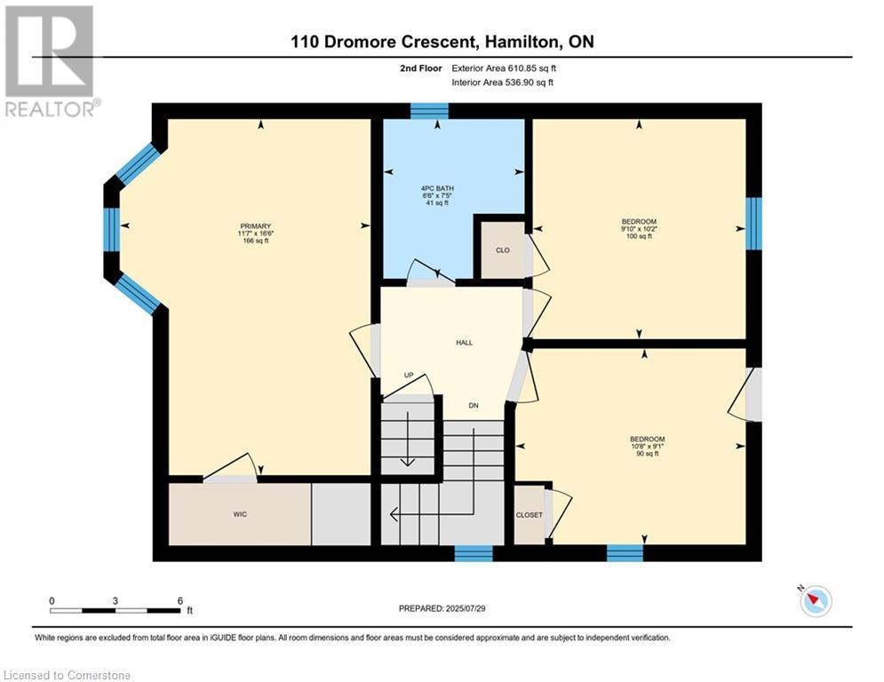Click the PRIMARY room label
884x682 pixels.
coord(255,226)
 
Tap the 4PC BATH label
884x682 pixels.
coord(437,188)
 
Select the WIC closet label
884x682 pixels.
coord(240,514)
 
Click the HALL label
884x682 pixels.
coord(465,342)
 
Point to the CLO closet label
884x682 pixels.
coord(503,250)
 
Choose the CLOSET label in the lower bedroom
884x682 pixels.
coord(530,514)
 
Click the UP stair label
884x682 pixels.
coord(409,375)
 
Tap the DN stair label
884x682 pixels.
coord(474,405)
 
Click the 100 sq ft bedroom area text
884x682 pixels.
coord(639,236)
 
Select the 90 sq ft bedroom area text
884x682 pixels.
coord(647,453)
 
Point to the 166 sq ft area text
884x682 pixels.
coord(255,241)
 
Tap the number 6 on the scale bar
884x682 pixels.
coord(180,601)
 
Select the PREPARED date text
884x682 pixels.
coord(442,608)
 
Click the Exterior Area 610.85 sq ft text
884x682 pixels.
coord(504,68)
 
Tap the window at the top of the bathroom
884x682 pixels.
coord(429,111)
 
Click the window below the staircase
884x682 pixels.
coord(474,553)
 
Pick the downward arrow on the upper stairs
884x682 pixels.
coord(407,439)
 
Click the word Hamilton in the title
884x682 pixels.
coord(524,42)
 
